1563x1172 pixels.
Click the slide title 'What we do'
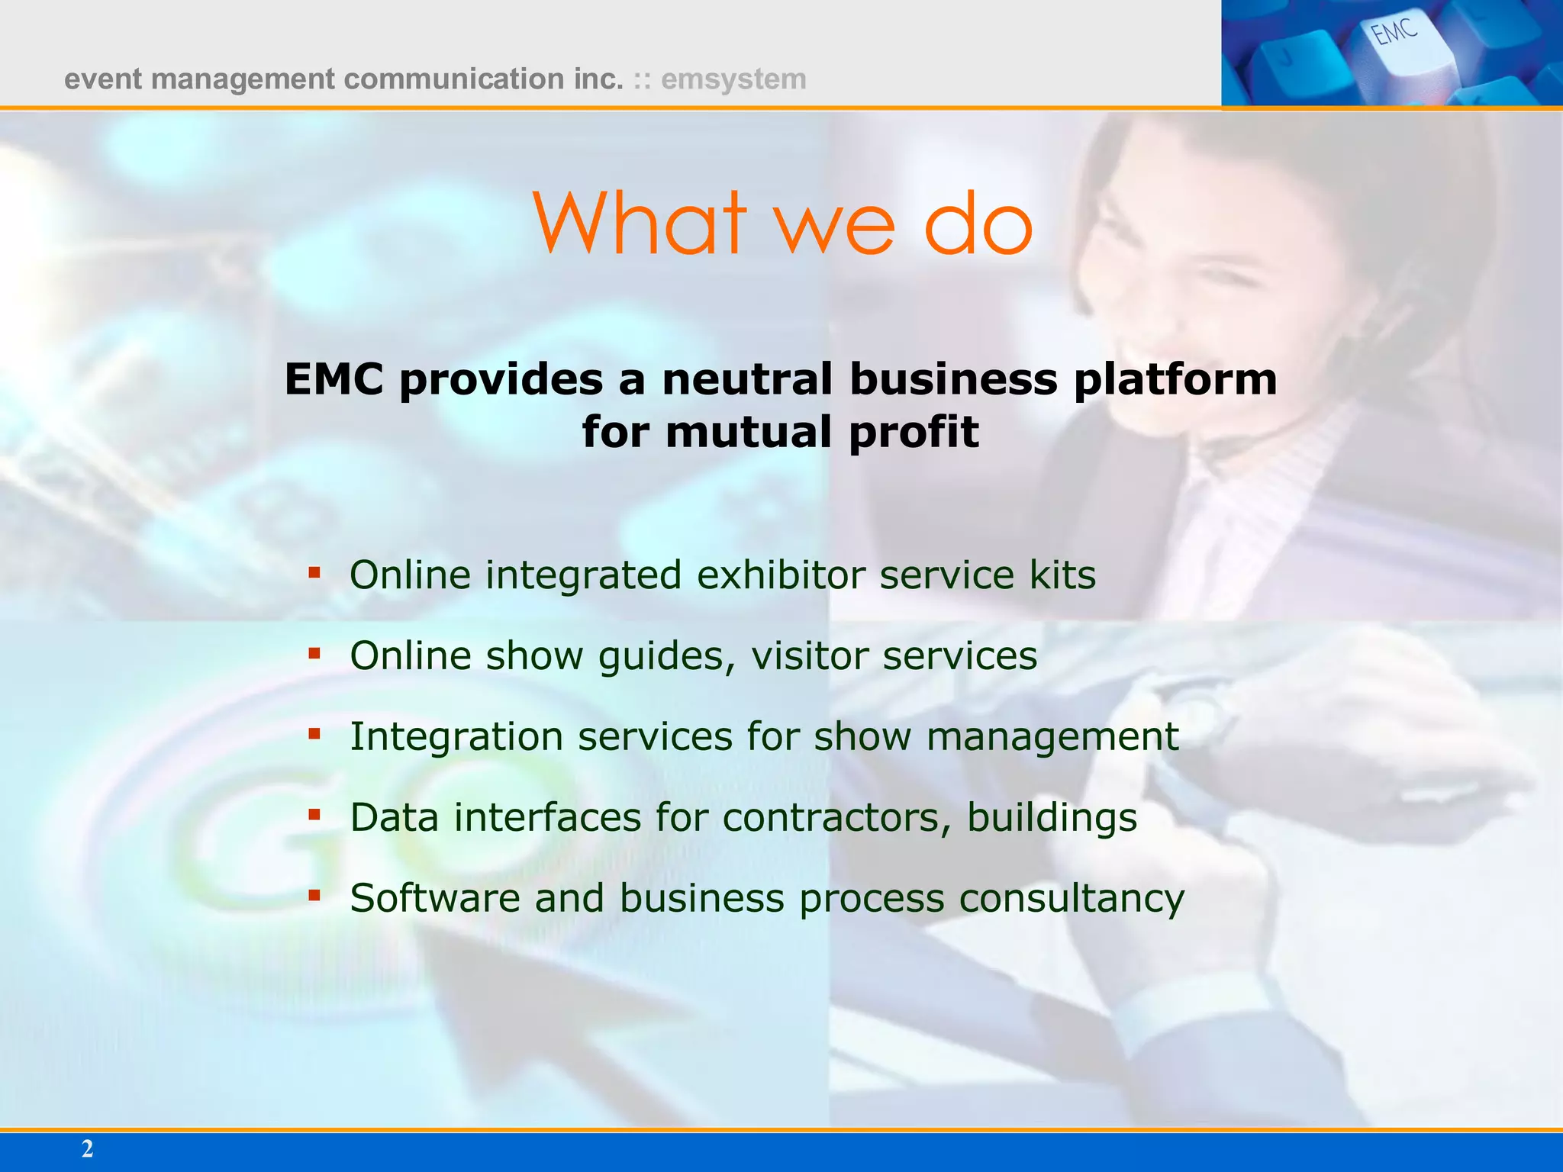781,223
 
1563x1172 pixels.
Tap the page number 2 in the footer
87,1149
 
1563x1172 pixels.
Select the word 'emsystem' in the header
733,79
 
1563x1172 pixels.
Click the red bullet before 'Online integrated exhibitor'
314,572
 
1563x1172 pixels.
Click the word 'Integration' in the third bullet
456,736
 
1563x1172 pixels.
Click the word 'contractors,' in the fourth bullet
836,817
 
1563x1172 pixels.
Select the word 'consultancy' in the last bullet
1072,899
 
